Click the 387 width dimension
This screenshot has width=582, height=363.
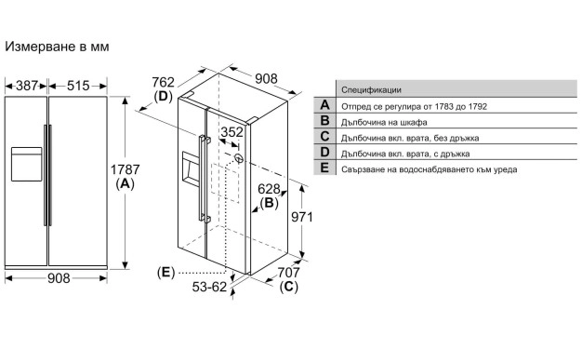coord(27,86)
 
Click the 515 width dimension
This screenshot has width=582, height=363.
coord(78,86)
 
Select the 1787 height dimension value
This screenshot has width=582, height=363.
coord(126,169)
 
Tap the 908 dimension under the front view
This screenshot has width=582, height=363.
coord(59,278)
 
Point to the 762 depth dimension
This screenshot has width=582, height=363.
coord(163,82)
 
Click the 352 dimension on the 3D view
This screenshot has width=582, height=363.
coord(232,132)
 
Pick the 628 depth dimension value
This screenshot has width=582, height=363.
coord(269,189)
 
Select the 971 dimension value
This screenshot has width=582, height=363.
coord(302,217)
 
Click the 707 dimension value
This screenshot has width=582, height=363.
coord(289,273)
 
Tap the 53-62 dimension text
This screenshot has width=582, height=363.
coord(209,287)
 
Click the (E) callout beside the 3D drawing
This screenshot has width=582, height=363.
coord(165,273)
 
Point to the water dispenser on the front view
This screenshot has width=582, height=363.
coord(26,164)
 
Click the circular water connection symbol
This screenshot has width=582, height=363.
coord(240,158)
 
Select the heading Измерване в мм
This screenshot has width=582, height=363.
coord(57,47)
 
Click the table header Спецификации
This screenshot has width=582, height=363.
coord(371,90)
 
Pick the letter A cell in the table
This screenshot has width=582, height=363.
coord(324,105)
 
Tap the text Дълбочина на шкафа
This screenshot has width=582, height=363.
coord(384,122)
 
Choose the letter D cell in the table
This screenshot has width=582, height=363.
coord(324,152)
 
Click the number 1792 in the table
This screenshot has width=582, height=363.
coord(477,107)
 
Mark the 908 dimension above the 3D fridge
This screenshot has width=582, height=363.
coord(266,79)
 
